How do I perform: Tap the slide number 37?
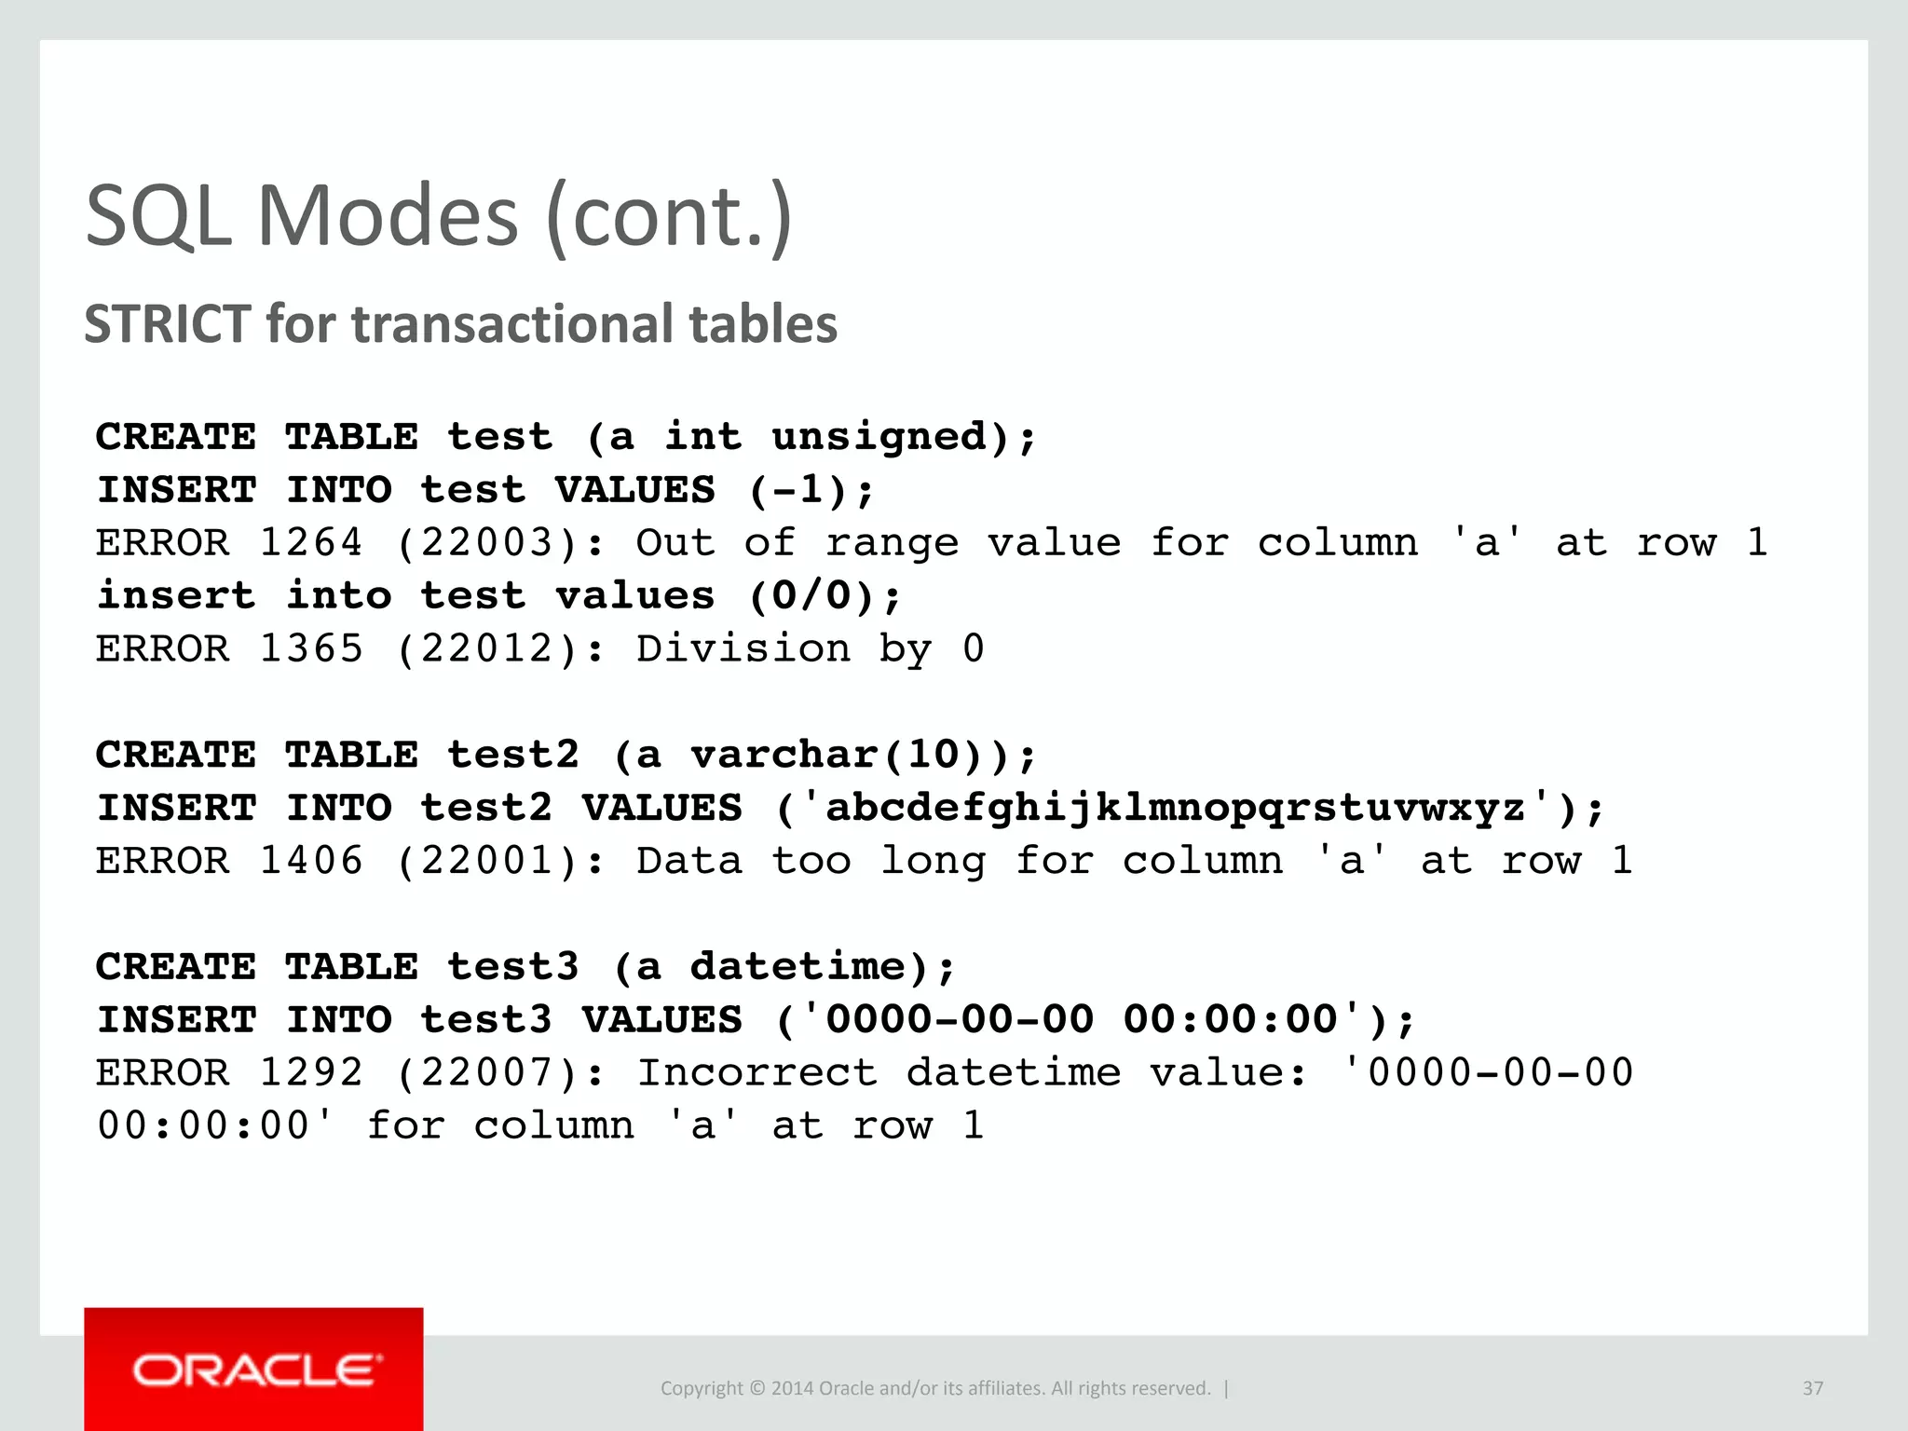click(x=1812, y=1388)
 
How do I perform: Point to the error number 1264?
click(x=310, y=543)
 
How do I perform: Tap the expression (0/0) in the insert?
click(x=812, y=596)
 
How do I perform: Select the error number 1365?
click(x=310, y=649)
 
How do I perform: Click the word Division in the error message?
click(x=743, y=649)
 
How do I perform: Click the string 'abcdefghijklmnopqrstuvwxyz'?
click(x=1176, y=808)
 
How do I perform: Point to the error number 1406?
click(x=310, y=861)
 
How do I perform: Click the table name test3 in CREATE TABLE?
click(x=513, y=967)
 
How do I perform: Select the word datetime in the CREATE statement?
click(x=797, y=967)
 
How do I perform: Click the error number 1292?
click(x=310, y=1073)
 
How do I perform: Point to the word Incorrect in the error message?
click(x=756, y=1073)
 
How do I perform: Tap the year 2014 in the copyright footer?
click(x=792, y=1388)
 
